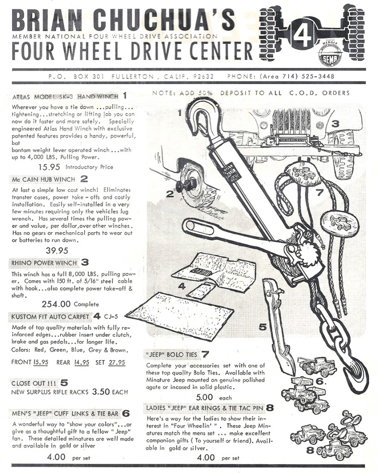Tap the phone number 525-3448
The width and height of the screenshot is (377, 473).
[318, 76]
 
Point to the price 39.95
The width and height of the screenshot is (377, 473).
[57, 250]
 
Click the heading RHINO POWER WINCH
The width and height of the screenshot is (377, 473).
[44, 262]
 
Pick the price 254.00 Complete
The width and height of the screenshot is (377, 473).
[56, 304]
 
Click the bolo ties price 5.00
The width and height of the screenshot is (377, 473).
[204, 397]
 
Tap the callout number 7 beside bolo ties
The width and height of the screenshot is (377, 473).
[319, 193]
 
